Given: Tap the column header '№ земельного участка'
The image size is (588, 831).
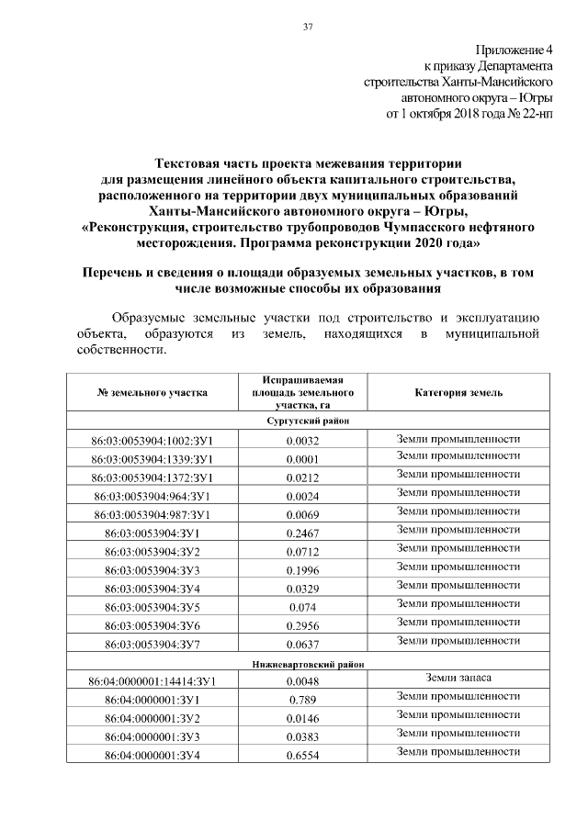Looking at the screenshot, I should click(153, 392).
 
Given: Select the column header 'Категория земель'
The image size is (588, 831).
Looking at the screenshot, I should click(458, 392).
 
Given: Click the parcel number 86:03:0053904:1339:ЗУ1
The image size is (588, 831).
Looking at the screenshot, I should click(153, 459).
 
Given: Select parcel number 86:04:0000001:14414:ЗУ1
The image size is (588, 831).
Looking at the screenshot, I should click(153, 681).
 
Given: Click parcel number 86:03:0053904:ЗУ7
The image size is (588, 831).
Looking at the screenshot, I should click(153, 645).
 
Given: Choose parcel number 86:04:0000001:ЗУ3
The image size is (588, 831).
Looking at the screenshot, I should click(153, 736).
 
